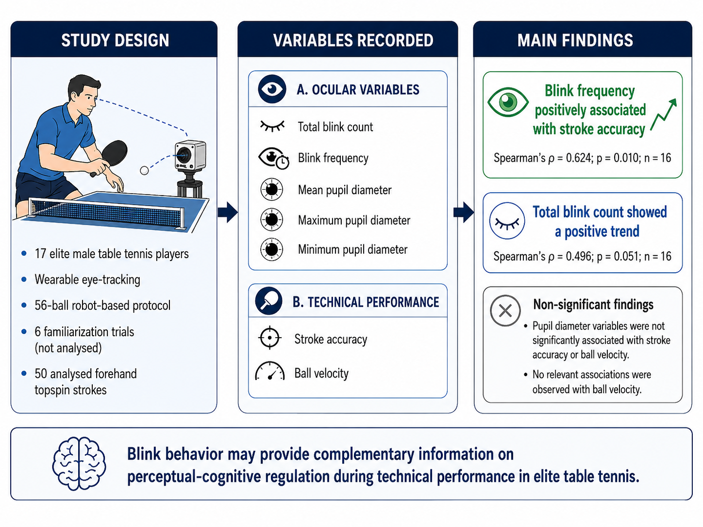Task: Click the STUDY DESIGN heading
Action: [115, 40]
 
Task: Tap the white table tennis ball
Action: [144, 170]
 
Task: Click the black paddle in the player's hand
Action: [113, 154]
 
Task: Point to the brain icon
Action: [79, 463]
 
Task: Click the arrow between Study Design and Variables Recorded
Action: [228, 212]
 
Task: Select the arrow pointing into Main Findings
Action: [464, 212]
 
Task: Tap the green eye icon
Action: [508, 102]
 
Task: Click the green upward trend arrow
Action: [664, 115]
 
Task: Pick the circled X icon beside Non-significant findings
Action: [505, 311]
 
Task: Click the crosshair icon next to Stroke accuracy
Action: [269, 338]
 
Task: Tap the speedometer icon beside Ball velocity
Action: [269, 371]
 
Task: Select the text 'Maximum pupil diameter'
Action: [354, 220]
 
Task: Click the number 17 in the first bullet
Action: [41, 254]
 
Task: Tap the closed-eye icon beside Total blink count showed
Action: [507, 221]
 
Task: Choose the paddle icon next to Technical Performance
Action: [268, 301]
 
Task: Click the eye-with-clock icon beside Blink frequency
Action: [273, 158]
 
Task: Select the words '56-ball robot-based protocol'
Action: [102, 306]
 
